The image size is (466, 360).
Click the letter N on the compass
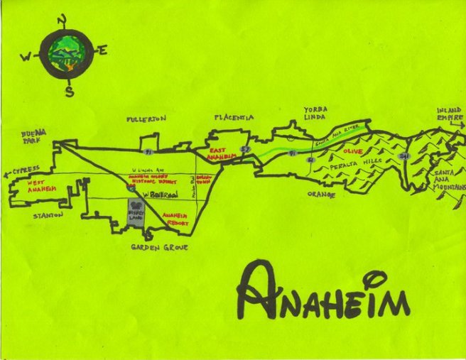(x=63, y=19)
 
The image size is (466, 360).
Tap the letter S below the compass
(x=69, y=90)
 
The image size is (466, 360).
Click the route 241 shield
(x=405, y=156)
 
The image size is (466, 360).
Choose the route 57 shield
(x=245, y=149)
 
